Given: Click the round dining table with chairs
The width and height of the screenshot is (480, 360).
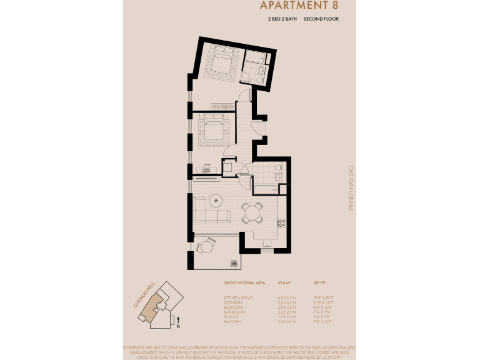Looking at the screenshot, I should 253,212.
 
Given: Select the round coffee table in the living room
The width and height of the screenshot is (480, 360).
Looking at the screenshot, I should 217,200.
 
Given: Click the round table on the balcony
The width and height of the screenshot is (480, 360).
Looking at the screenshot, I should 206,246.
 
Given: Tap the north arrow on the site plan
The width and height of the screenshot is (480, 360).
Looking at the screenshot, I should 178,321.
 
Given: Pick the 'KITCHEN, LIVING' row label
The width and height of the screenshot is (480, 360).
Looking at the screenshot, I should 238,297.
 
